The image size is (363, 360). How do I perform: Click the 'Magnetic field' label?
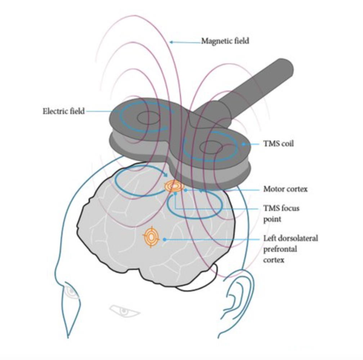(x=225, y=41)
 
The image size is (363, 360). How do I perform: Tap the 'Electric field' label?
(x=63, y=111)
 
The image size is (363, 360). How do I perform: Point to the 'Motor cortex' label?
(x=285, y=189)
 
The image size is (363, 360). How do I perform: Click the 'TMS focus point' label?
(x=281, y=213)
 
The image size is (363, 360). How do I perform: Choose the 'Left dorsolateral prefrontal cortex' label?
(x=290, y=249)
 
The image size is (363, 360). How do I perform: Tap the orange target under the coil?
(x=174, y=186)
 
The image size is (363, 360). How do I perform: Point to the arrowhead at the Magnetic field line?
(x=172, y=42)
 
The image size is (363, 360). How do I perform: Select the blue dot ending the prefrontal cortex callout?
(x=164, y=239)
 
